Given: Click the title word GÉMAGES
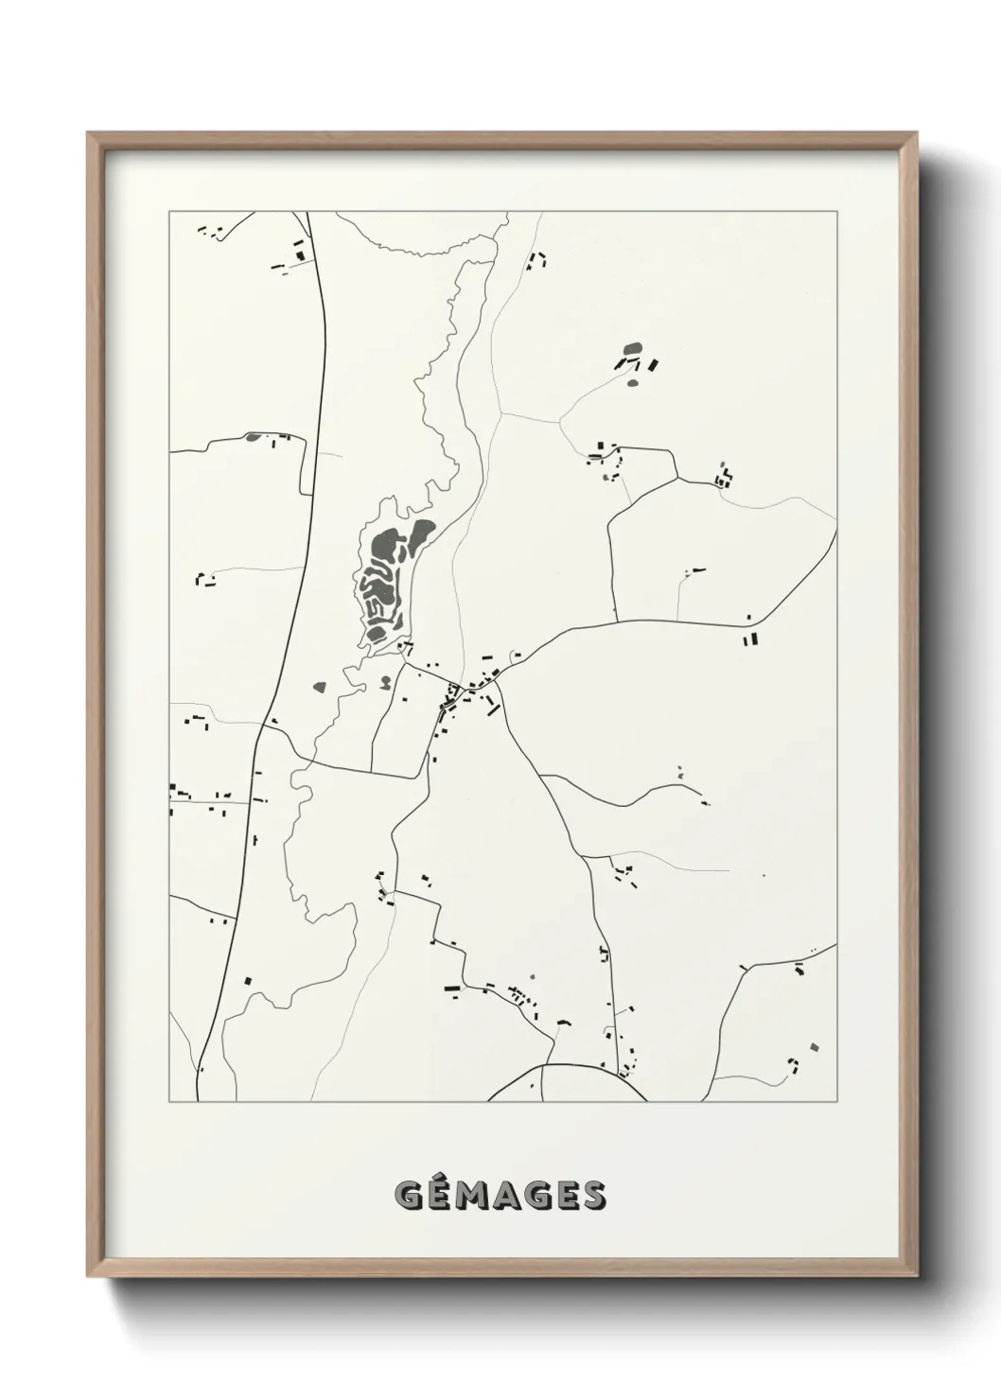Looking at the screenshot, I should point(500,1196).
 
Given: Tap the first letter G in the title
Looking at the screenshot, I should point(409,1197).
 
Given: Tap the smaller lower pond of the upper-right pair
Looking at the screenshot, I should point(633,382).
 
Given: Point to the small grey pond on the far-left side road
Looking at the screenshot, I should point(253,437).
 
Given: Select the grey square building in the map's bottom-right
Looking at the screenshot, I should point(812,1046).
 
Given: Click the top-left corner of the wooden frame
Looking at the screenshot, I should point(89,133).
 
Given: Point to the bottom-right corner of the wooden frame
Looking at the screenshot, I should point(919,1276).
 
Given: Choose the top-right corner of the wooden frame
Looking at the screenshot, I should point(919,133).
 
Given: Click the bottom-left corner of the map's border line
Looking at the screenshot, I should point(169,1102).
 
